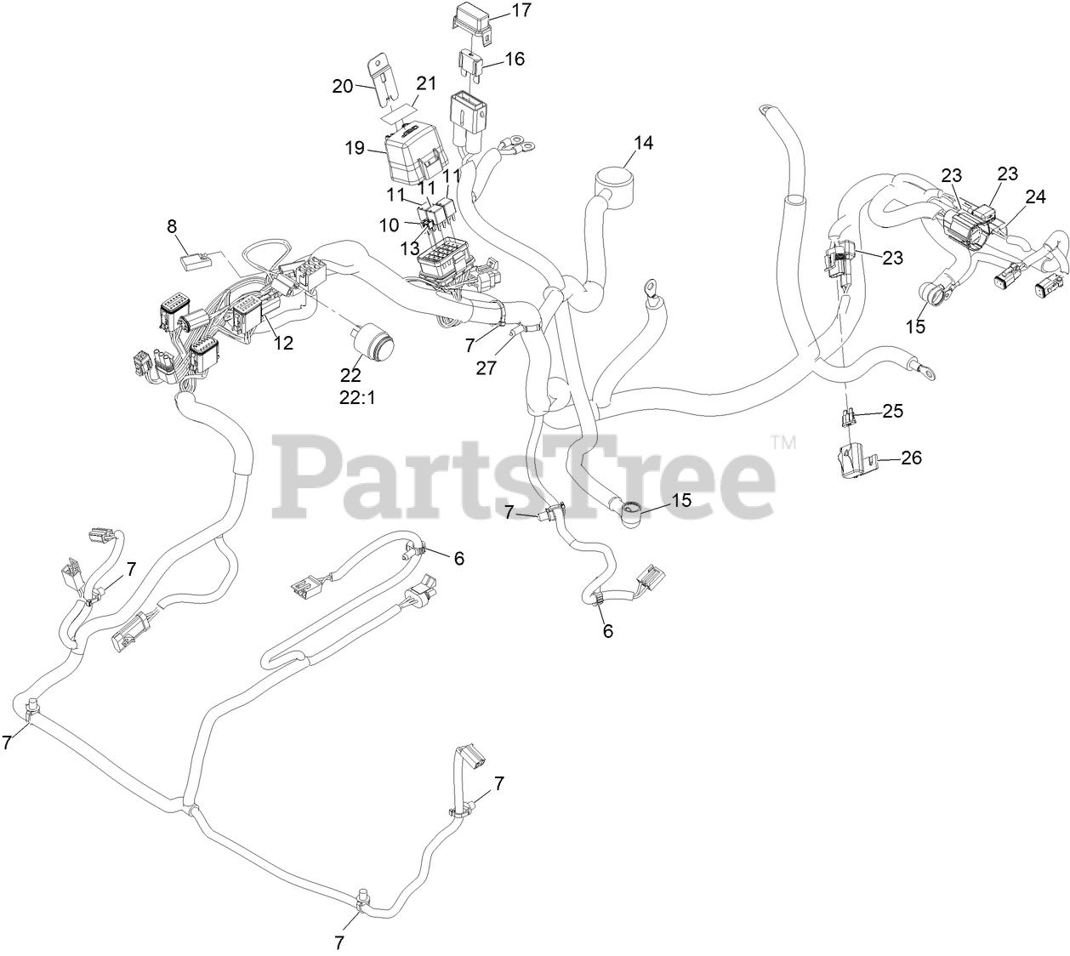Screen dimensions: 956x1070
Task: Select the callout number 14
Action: (643, 142)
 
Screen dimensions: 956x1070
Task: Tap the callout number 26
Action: (911, 458)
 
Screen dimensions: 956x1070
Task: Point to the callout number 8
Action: (172, 226)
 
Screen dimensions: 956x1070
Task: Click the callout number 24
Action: (1035, 196)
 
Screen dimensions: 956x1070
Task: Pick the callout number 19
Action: (354, 148)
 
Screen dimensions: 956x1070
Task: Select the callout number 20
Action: (342, 86)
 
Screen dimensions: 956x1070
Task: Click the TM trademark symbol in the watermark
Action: (783, 441)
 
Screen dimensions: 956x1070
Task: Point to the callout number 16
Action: (515, 59)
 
